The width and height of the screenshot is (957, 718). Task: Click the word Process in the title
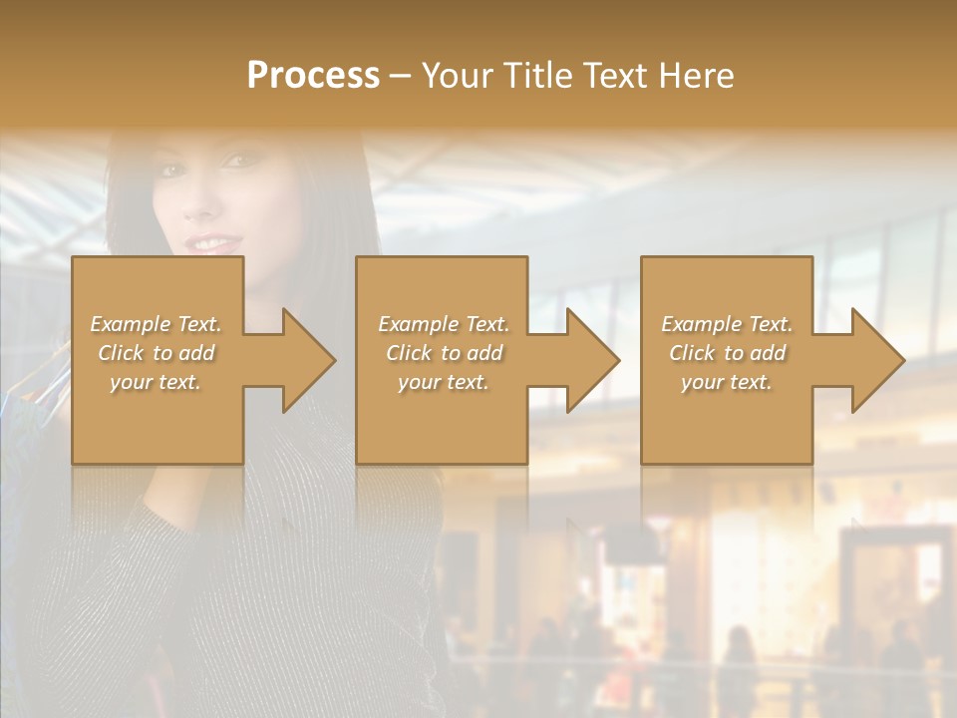coord(313,75)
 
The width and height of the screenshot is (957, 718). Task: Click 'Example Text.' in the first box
coord(156,324)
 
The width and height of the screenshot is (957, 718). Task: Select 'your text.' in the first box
coord(156,382)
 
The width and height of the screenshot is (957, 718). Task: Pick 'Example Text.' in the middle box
coord(444,324)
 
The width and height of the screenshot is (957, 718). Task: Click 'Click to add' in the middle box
coord(444,353)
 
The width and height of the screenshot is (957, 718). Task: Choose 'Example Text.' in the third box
coord(727,324)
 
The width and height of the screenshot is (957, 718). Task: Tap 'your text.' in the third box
coord(727,382)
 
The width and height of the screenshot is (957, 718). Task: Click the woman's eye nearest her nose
coord(235,160)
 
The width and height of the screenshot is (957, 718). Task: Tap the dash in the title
coord(401,76)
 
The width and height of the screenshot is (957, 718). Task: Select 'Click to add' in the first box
coord(156,353)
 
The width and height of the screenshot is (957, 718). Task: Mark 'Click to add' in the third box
coord(727,353)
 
